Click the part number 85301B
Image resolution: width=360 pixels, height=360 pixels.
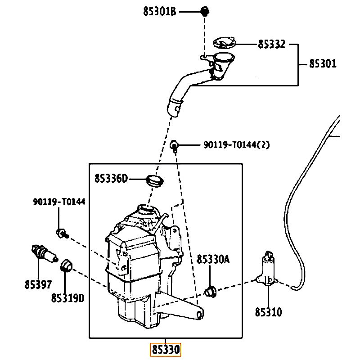pos(160,11)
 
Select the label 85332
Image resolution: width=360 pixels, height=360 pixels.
pos(272,44)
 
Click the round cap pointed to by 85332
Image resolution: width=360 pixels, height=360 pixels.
pos(224,42)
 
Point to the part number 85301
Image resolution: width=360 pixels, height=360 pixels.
pos(323,63)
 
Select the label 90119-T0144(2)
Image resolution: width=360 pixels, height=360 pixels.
pos(237,144)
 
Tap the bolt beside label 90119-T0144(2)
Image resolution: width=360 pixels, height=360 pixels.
pos(174,145)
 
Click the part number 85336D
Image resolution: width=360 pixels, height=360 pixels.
pos(111,178)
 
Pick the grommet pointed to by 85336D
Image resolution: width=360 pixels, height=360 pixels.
pos(155,181)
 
